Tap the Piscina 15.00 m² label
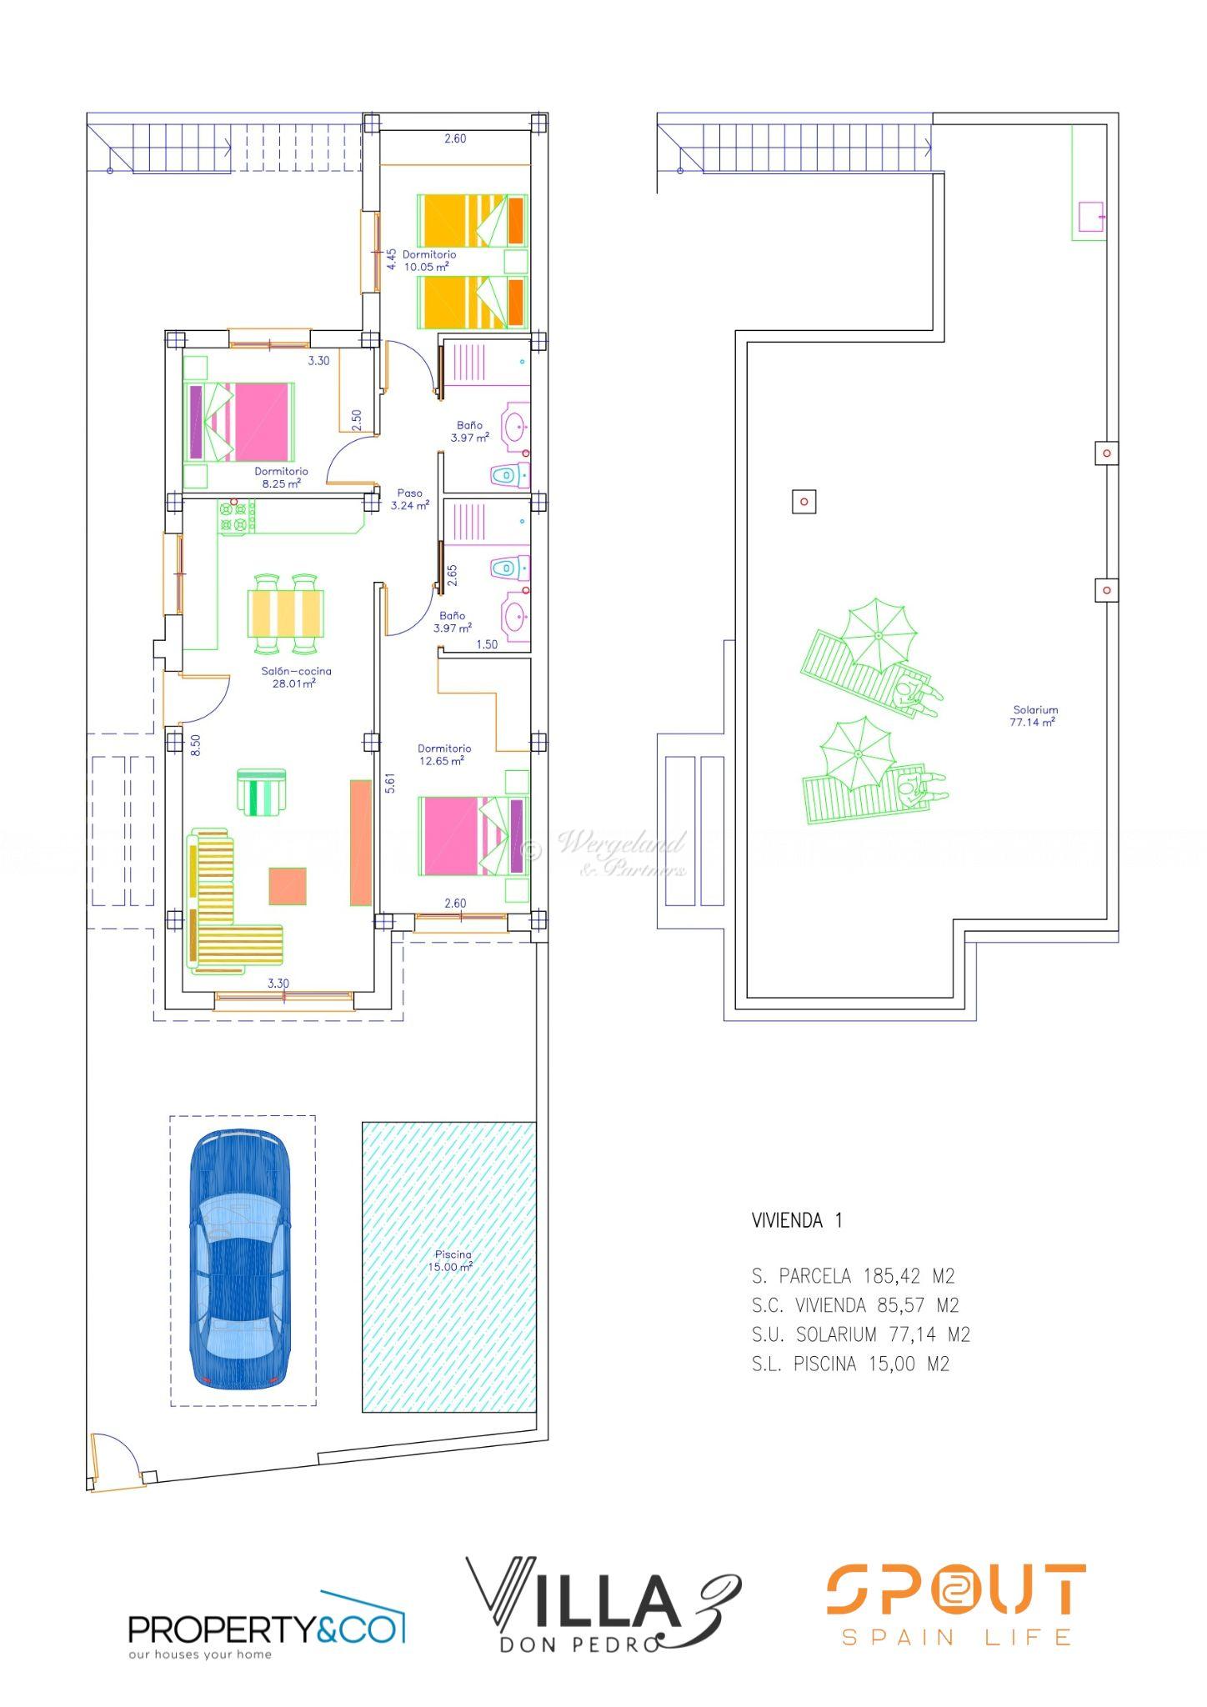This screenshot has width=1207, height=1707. click(x=453, y=1260)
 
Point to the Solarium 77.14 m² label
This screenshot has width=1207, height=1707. click(x=1034, y=716)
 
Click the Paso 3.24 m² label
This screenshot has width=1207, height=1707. click(x=409, y=498)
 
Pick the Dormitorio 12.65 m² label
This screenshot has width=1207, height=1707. click(x=444, y=754)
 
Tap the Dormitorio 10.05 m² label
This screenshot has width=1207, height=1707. click(x=428, y=260)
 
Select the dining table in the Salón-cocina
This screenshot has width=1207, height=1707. click(x=285, y=613)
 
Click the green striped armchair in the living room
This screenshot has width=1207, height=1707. click(x=262, y=792)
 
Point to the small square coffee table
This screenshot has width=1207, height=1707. click(x=288, y=886)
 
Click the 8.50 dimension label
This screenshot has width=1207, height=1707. click(x=195, y=744)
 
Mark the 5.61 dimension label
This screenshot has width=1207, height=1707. click(x=389, y=783)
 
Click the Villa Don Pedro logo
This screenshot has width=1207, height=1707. click(x=603, y=1604)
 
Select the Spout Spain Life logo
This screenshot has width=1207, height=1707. click(x=956, y=1605)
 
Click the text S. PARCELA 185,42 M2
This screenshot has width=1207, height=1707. click(x=853, y=1276)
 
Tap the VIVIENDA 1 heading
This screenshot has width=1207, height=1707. click(x=797, y=1220)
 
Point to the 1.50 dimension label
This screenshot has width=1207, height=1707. click(x=487, y=644)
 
